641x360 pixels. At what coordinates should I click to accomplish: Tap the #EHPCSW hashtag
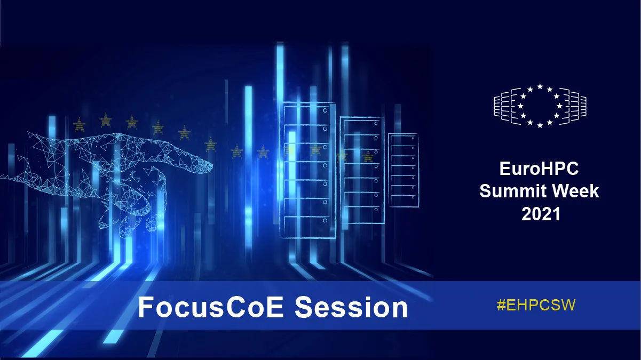[x=536, y=305]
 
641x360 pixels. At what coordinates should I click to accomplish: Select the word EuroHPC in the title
[x=539, y=169]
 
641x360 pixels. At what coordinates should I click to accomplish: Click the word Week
[x=576, y=191]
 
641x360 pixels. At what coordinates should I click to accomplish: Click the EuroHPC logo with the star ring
[x=540, y=106]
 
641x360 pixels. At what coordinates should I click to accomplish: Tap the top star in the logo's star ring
[x=540, y=86]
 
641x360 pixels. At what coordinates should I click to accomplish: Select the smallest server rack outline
[x=403, y=169]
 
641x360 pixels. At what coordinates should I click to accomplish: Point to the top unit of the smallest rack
[x=403, y=140]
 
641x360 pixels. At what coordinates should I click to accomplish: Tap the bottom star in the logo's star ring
[x=540, y=125]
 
